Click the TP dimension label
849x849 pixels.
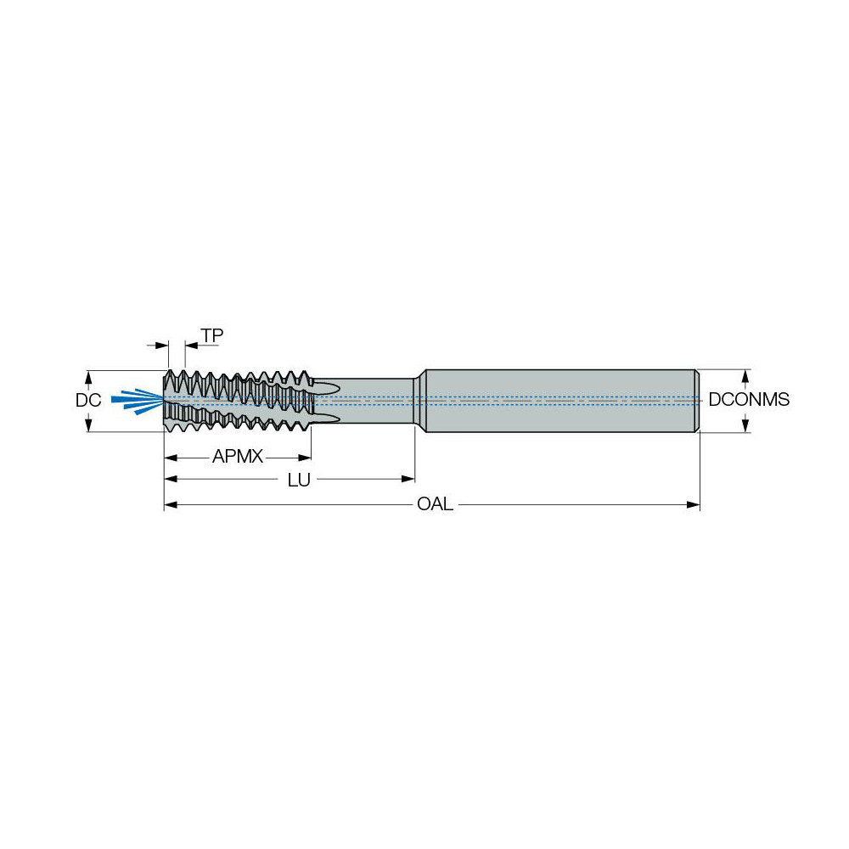click(x=212, y=336)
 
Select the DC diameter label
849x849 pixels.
click(x=88, y=400)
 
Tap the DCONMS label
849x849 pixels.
click(x=749, y=400)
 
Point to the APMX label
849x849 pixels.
click(x=238, y=458)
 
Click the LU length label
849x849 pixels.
click(x=298, y=481)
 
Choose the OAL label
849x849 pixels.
click(x=435, y=505)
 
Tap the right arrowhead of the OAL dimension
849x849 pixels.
click(x=694, y=505)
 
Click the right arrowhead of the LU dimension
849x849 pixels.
click(x=408, y=480)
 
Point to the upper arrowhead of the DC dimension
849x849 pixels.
click(x=88, y=375)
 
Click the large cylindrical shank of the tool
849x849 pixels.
click(x=560, y=400)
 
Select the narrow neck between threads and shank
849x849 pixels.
click(x=374, y=399)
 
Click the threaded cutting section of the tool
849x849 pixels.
click(x=238, y=399)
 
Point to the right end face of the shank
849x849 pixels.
click(x=697, y=400)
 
